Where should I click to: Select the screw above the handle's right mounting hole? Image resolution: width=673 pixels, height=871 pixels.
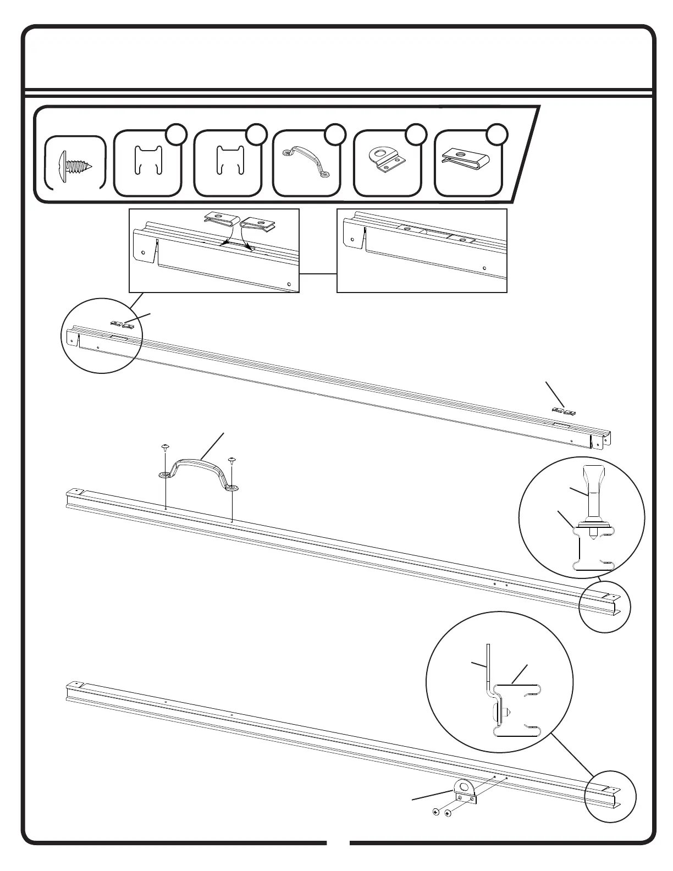(231, 459)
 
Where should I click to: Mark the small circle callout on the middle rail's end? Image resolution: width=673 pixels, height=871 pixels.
(605, 607)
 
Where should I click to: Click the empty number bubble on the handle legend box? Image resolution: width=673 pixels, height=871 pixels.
(335, 135)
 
